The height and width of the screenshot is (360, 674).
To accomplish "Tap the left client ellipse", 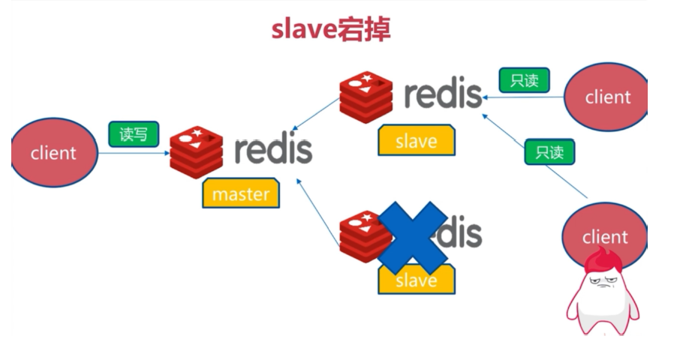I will [54, 153].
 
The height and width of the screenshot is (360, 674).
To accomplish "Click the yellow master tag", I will [240, 194].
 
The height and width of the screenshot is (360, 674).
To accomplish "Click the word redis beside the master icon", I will [273, 150].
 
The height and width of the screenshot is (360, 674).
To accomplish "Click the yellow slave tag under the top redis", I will [416, 141].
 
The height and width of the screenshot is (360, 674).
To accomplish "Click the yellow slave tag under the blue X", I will [416, 280].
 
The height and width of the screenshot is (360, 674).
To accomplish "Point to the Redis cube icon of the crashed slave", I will [360, 236].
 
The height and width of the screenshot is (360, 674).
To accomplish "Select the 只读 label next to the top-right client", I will [524, 80].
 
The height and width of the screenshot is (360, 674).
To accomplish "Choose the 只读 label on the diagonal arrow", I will [549, 152].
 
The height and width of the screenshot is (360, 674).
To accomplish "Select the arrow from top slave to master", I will [315, 116].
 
